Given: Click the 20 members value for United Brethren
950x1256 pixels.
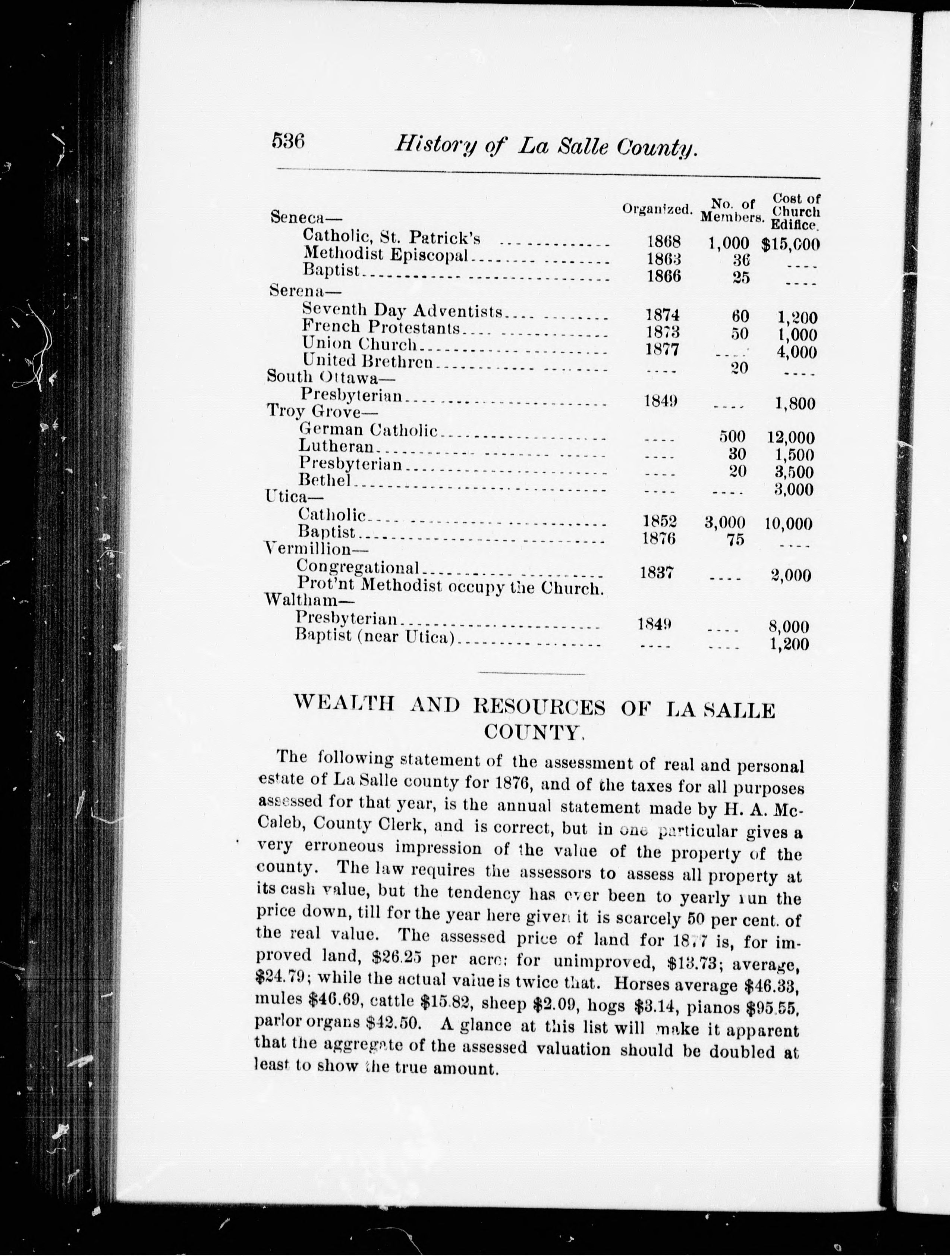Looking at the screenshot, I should tap(738, 368).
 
